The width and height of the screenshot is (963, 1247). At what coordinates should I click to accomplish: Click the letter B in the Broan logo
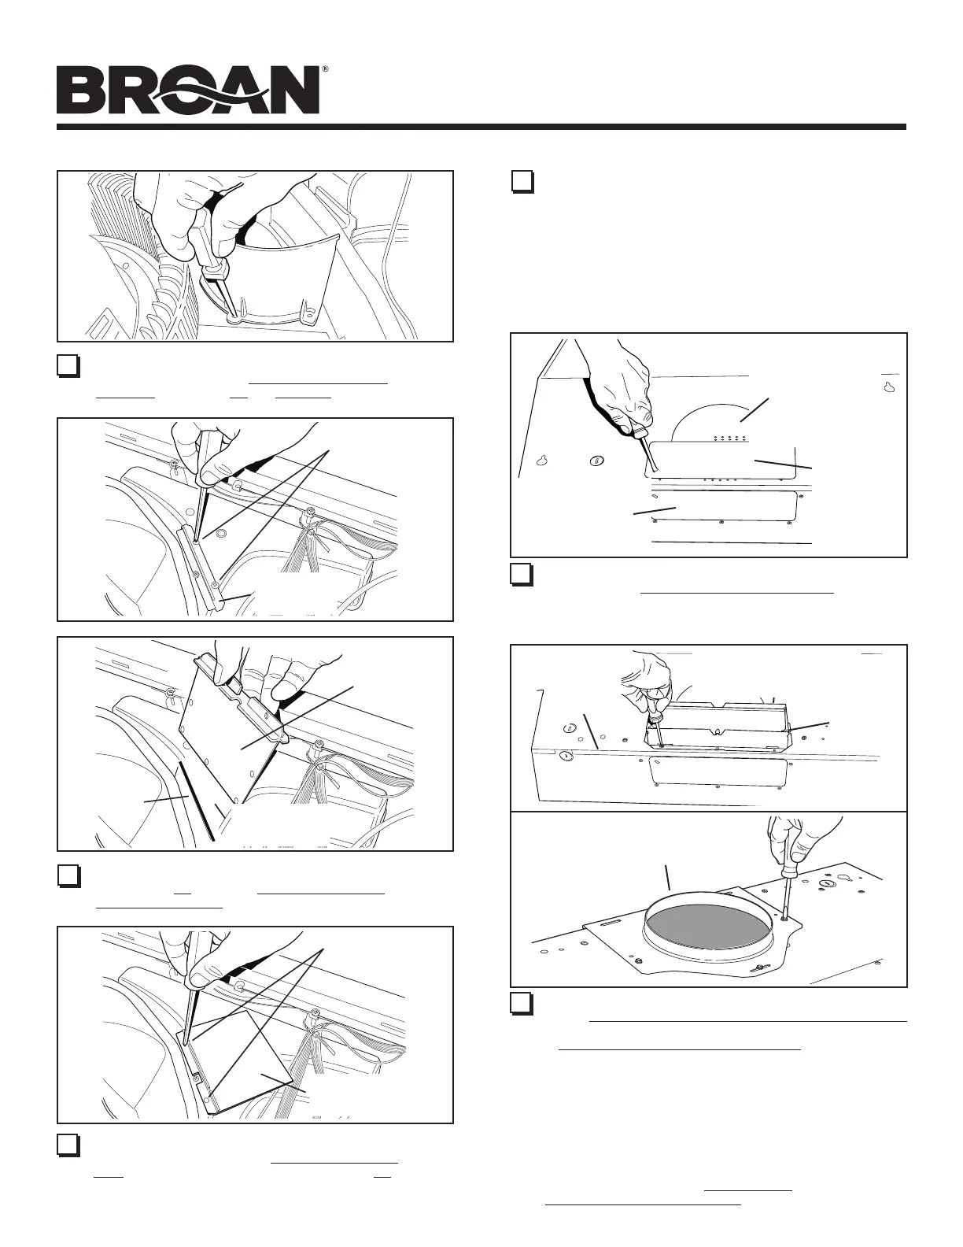click(x=80, y=91)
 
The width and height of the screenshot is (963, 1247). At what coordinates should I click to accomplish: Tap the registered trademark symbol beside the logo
click(x=325, y=70)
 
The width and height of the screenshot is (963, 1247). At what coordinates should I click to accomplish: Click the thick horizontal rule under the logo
click(x=481, y=127)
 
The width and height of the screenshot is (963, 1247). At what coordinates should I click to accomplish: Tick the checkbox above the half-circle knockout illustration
click(x=522, y=183)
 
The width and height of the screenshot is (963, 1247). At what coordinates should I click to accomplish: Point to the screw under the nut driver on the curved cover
click(x=234, y=320)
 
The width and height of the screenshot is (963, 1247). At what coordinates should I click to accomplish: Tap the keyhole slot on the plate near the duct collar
click(x=827, y=884)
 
